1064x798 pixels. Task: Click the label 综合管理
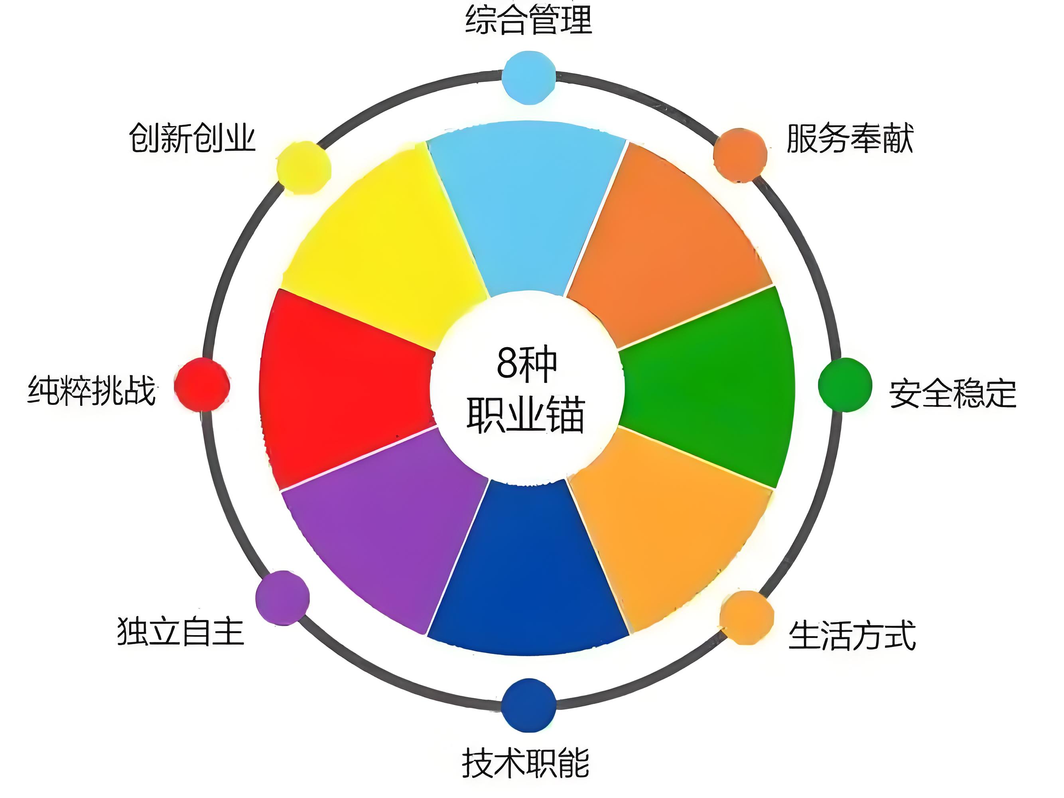(x=528, y=20)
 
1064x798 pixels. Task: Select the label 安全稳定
(x=952, y=394)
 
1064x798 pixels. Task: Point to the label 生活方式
(x=852, y=636)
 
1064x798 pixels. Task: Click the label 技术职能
(x=525, y=763)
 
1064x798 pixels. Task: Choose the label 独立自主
(x=180, y=631)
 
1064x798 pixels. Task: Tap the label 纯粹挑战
(x=91, y=390)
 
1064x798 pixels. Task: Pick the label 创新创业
(x=192, y=138)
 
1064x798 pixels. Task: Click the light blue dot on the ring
(x=529, y=77)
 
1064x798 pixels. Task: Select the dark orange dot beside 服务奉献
(x=740, y=155)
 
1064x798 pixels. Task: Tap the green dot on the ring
(x=845, y=385)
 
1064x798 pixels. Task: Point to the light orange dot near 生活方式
(x=747, y=618)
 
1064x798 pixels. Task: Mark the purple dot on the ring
(x=282, y=598)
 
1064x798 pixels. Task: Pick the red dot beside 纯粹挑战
(x=202, y=385)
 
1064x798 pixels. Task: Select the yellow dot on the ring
(x=304, y=168)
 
